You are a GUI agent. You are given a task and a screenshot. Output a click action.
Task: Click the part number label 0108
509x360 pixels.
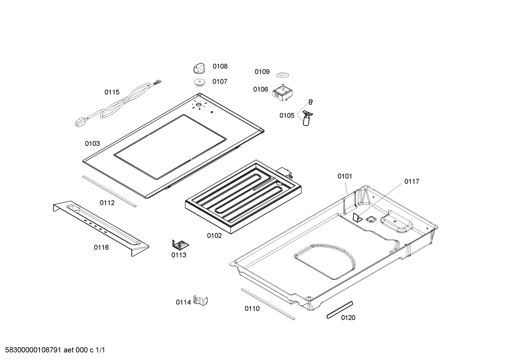(220, 66)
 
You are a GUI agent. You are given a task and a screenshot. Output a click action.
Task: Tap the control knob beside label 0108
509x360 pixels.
(199, 69)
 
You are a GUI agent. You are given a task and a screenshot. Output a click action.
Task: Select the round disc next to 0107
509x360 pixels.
(199, 82)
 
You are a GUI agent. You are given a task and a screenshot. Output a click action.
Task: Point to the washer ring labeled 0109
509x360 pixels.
(282, 75)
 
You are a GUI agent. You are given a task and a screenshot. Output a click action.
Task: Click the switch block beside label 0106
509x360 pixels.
(282, 93)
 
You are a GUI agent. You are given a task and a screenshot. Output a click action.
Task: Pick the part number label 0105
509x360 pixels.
(287, 116)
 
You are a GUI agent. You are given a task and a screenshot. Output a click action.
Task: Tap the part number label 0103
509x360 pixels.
(92, 143)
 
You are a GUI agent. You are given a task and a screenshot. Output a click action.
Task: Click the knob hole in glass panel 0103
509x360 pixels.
(199, 105)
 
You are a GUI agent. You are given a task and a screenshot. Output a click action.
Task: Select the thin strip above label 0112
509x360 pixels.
(109, 191)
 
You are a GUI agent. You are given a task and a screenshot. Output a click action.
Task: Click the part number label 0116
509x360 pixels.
(101, 247)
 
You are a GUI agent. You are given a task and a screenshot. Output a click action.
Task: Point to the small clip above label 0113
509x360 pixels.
(180, 244)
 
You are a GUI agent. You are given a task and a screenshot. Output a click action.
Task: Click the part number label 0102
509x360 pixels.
(214, 236)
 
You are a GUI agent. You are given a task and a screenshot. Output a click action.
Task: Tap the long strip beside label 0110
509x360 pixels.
(268, 304)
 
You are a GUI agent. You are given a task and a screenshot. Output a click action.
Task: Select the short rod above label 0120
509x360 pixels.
(340, 310)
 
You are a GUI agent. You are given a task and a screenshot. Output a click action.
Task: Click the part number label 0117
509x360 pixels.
(412, 182)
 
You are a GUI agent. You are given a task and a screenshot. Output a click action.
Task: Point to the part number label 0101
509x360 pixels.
(345, 176)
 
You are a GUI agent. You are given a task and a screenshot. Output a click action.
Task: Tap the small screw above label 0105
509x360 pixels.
(311, 102)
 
